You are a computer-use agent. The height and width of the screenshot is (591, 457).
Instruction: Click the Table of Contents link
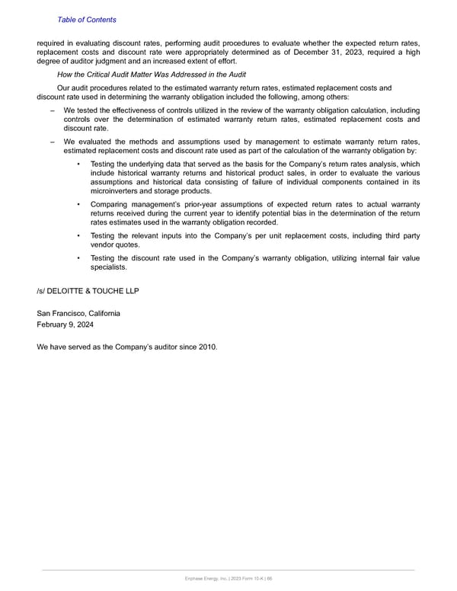click(x=87, y=19)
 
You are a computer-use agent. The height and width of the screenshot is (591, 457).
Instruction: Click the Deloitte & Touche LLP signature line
click(x=88, y=290)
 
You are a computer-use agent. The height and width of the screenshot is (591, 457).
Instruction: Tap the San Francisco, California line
click(x=78, y=314)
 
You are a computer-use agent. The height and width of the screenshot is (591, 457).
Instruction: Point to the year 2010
click(x=206, y=347)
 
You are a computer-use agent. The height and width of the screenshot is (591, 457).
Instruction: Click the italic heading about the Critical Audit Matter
click(x=152, y=74)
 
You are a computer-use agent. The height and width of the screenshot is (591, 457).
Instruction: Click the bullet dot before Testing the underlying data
click(x=79, y=165)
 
